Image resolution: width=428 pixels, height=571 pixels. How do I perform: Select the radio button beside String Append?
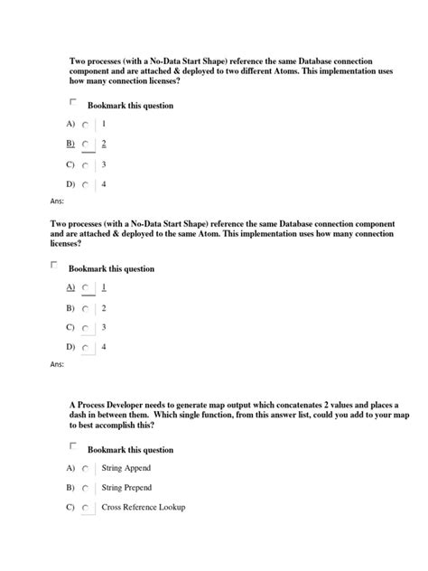[x=85, y=470]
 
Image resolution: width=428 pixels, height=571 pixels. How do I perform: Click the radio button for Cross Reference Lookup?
[x=85, y=509]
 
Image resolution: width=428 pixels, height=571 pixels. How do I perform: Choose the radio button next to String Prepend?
[x=85, y=490]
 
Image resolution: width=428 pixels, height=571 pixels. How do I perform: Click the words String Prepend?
[x=126, y=489]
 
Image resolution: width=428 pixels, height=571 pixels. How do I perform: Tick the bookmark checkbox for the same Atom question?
[x=54, y=266]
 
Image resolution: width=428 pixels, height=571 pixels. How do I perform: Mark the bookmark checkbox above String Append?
[x=73, y=446]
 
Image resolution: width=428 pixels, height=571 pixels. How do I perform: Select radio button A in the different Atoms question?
[x=85, y=124]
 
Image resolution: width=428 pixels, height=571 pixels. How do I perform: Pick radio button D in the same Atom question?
[x=85, y=348]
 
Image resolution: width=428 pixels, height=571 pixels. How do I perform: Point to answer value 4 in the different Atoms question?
[x=104, y=184]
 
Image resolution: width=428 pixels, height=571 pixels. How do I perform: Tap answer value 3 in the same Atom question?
[x=104, y=327]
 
